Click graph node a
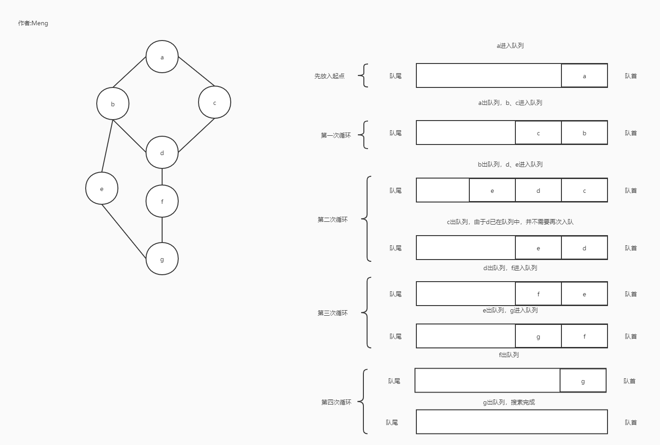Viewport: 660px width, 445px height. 162,57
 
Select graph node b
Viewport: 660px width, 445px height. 113,104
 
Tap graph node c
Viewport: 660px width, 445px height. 215,103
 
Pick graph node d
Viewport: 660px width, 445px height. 162,153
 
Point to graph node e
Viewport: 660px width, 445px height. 102,189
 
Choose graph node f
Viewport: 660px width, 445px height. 162,202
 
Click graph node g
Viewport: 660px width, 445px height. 162,259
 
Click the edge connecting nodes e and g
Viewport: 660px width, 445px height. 124,231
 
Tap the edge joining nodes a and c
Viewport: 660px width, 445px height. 196,71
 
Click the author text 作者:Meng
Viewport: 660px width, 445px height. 33,23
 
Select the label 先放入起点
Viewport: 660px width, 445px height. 329,76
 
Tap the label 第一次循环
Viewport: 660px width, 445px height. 336,135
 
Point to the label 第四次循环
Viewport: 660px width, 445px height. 336,402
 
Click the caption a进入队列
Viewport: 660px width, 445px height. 510,46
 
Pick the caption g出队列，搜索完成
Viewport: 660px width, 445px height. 509,402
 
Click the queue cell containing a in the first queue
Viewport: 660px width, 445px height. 584,76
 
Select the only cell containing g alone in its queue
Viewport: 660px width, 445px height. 583,381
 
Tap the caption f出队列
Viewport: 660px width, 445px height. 509,355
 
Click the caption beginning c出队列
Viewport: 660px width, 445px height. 510,222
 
